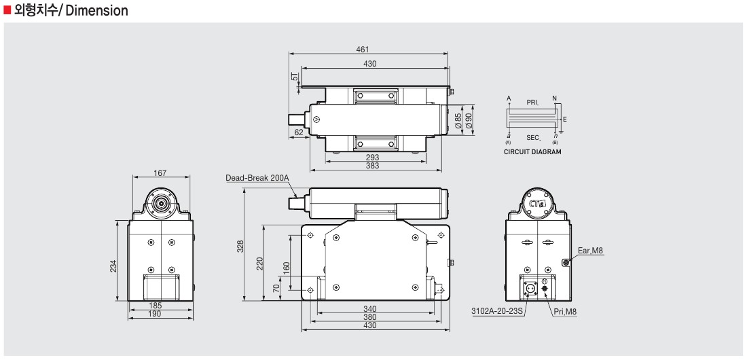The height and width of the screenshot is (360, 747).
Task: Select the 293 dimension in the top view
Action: click(x=372, y=157)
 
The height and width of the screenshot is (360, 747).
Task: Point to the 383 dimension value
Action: click(x=372, y=166)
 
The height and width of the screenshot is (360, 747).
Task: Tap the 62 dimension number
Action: click(x=299, y=132)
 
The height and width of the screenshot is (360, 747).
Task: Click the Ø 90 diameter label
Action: click(x=469, y=121)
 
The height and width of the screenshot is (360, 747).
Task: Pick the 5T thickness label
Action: click(x=295, y=77)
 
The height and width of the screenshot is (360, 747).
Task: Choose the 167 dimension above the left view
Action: click(x=160, y=173)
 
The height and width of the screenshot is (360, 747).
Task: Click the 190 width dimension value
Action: click(x=156, y=314)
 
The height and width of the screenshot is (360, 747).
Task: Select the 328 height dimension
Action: click(x=240, y=246)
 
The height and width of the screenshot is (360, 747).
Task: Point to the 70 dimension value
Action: click(x=276, y=288)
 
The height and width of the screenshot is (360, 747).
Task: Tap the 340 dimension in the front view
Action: click(x=369, y=309)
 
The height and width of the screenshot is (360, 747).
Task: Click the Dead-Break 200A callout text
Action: click(x=257, y=178)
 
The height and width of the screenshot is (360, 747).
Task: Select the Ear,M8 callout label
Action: click(x=590, y=251)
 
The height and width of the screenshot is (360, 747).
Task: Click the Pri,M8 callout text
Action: click(x=565, y=312)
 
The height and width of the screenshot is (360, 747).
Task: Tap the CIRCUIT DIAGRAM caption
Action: click(x=532, y=152)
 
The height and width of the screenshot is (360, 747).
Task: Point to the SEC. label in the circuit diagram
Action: click(x=533, y=138)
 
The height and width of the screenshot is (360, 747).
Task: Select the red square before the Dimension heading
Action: click(x=7, y=10)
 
